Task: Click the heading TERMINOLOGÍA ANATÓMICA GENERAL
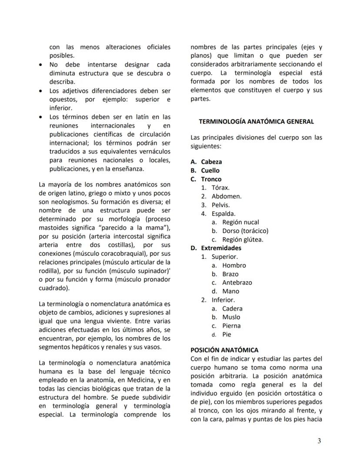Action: (256, 121)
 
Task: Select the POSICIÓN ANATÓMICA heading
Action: (224, 350)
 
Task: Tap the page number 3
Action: (319, 441)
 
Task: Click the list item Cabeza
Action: (211, 162)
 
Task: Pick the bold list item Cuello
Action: (210, 171)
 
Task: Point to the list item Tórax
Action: (220, 188)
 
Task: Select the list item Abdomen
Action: (226, 196)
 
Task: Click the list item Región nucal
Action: (240, 222)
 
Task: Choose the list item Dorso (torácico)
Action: (245, 231)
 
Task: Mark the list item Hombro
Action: (234, 265)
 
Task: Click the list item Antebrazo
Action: (237, 282)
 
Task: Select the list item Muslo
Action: (231, 317)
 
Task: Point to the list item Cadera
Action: (232, 308)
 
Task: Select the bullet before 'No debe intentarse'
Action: (40, 64)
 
